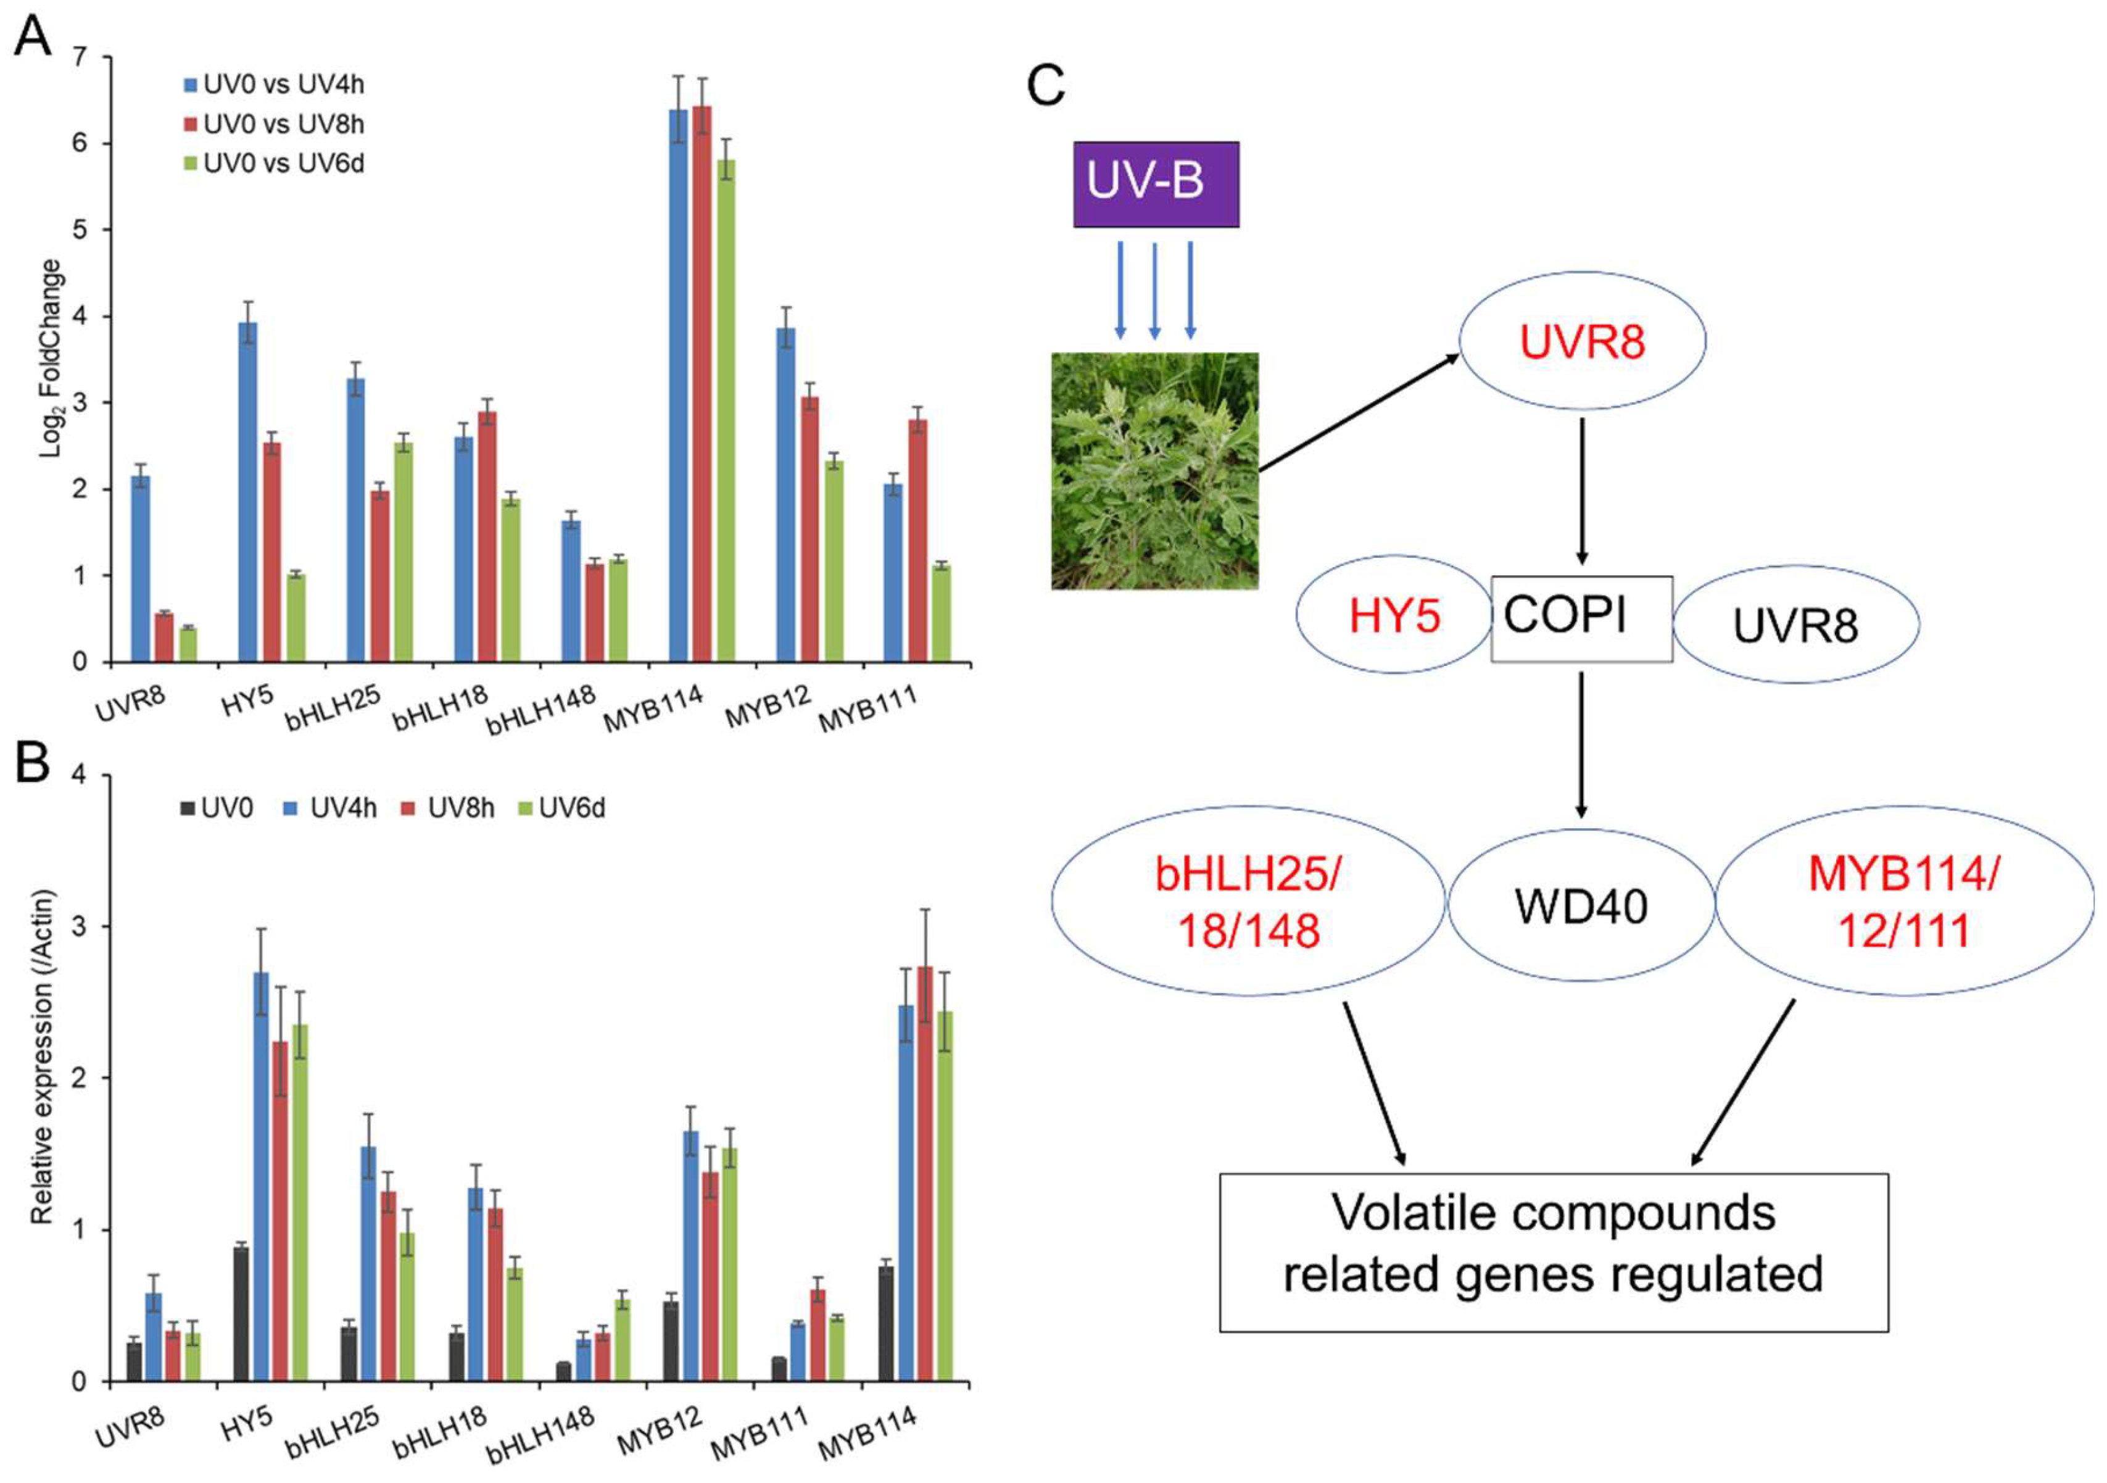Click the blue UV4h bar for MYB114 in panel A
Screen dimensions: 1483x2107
tap(678, 386)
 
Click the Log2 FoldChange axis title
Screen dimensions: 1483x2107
tap(51, 358)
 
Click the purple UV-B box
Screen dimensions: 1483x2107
tap(1156, 183)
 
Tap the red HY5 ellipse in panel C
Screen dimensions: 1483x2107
tap(1394, 615)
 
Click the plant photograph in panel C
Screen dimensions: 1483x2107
tap(1154, 470)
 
